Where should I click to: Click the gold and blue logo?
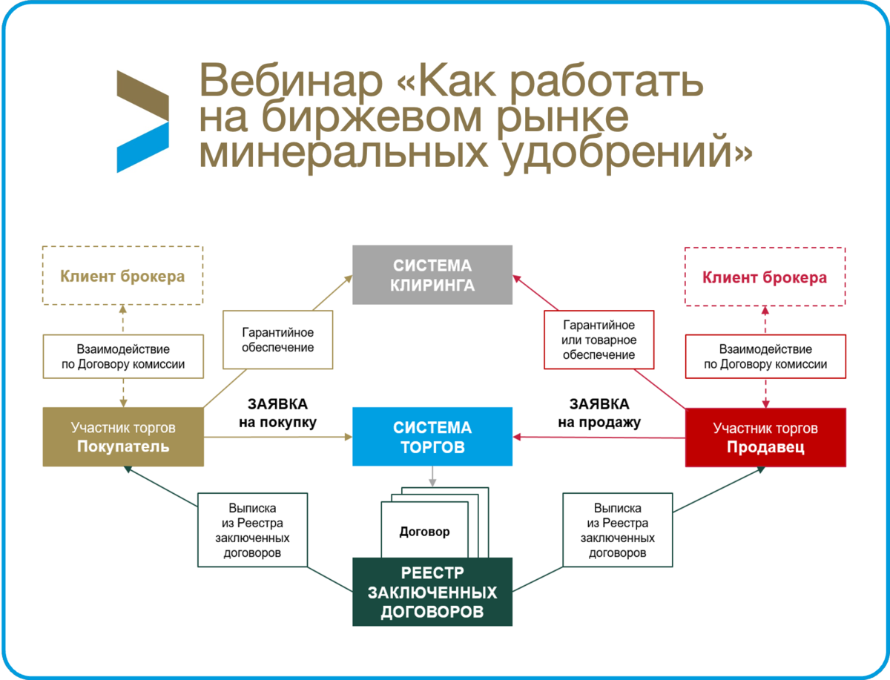(142, 122)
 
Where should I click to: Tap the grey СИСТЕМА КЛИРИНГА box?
(432, 274)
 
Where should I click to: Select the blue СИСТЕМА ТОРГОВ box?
(432, 437)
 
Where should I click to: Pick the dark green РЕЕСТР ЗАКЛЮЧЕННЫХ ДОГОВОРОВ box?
(432, 592)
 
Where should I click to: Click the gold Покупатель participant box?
(123, 437)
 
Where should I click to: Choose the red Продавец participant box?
(765, 437)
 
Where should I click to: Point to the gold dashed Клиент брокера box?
(122, 276)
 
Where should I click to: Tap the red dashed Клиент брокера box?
(765, 277)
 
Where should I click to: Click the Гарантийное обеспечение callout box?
(277, 340)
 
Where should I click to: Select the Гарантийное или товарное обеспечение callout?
(599, 340)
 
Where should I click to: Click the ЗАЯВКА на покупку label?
(277, 413)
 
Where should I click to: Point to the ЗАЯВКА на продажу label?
(599, 413)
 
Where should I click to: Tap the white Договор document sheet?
(424, 532)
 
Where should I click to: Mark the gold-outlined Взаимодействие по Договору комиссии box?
(123, 356)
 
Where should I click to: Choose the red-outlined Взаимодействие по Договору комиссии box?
(765, 356)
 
